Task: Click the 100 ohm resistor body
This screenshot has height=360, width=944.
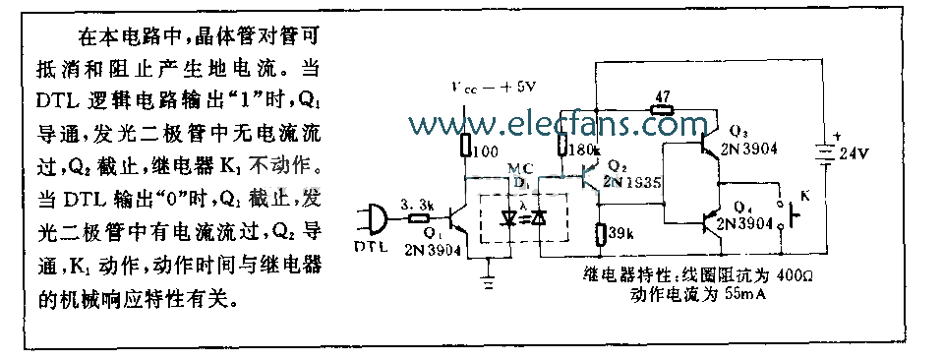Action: click(x=467, y=146)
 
